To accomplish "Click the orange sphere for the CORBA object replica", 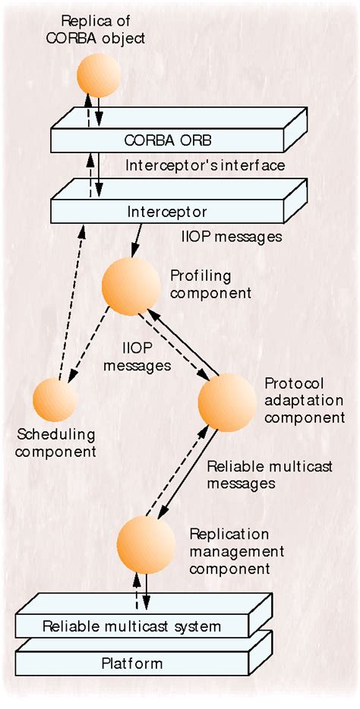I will [x=99, y=74].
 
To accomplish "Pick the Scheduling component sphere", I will [x=55, y=399].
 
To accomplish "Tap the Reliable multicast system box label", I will [x=131, y=625].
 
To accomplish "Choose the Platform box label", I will [x=132, y=664].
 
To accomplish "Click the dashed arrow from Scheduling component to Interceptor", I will [x=72, y=304].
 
